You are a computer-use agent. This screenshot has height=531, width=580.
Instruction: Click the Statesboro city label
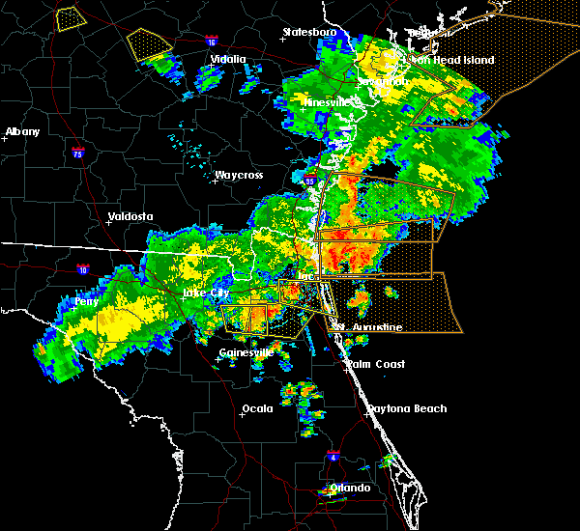[309, 32]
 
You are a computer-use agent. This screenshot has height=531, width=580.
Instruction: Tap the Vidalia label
[228, 59]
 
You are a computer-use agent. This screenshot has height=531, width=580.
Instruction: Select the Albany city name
[23, 131]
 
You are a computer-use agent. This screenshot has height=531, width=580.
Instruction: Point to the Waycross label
[239, 175]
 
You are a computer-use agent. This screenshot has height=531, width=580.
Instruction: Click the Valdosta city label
[132, 216]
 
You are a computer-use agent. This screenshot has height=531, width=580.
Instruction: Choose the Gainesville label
[246, 352]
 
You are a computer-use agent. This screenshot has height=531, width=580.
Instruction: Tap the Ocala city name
[256, 408]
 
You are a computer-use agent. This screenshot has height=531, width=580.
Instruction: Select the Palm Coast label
[376, 364]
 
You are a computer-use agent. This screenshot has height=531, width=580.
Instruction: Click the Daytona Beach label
[406, 408]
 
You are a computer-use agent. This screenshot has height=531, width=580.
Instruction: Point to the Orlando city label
[350, 488]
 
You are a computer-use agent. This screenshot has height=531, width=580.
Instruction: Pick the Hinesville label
[325, 101]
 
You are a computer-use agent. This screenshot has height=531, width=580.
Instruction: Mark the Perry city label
[87, 301]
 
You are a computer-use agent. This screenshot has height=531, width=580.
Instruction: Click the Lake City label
[206, 292]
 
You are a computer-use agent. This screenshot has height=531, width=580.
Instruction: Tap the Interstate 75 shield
[79, 153]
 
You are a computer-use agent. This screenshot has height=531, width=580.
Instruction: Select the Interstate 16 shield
[212, 42]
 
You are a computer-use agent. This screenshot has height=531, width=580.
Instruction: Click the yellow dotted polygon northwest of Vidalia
[149, 42]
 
